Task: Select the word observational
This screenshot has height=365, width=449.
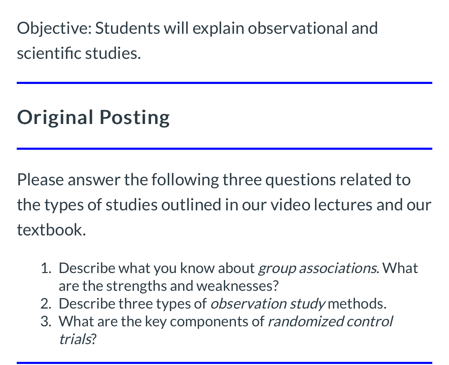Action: (298, 28)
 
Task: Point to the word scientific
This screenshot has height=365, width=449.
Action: (49, 53)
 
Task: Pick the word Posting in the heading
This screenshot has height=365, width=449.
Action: (135, 117)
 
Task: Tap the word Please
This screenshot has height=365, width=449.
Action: (40, 180)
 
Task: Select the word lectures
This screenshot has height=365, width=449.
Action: (343, 205)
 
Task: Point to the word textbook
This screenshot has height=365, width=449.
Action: (51, 230)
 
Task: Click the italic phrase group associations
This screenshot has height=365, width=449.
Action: (317, 268)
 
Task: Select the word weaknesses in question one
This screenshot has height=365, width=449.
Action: (237, 286)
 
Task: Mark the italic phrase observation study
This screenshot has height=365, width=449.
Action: (267, 304)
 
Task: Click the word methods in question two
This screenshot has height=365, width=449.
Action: (357, 304)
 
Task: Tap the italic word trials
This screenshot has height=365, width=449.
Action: (75, 339)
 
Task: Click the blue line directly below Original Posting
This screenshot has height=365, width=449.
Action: (224, 149)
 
